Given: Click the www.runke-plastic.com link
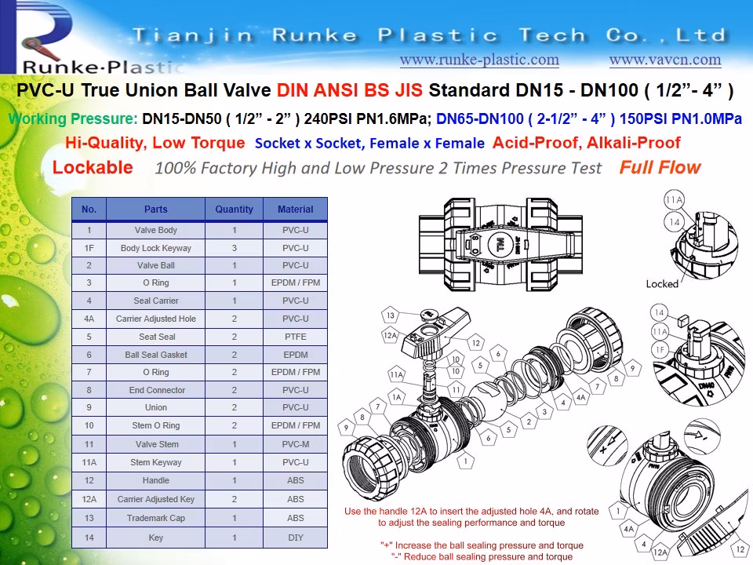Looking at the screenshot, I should point(479,60).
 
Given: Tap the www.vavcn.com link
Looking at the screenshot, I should point(665,60).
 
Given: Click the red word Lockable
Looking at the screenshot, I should point(93,167).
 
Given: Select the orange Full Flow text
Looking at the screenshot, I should point(660,167).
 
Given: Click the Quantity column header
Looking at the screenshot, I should point(234,210).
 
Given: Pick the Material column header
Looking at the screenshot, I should point(295,210).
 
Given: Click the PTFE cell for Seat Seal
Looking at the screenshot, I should point(295,337).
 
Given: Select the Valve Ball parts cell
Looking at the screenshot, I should point(155,265).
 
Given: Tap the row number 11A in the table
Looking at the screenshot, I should point(89,462).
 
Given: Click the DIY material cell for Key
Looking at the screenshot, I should point(295,538).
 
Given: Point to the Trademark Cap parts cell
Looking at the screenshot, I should point(155,518).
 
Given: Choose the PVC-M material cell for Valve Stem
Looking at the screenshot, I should point(295,444).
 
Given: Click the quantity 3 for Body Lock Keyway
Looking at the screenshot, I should point(234,248).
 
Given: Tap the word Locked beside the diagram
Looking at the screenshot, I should point(662,283).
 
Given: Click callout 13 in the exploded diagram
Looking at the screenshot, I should point(391,315).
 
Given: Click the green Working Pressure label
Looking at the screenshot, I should point(73,119).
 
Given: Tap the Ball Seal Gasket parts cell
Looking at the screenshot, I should point(155,355).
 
